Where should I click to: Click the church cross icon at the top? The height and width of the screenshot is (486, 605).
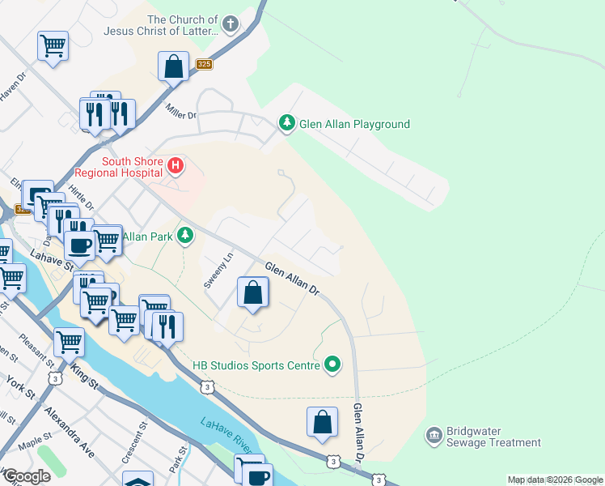click(231, 24)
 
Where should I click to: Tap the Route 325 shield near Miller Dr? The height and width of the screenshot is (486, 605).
click(204, 64)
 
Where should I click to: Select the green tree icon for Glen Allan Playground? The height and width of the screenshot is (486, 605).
click(286, 124)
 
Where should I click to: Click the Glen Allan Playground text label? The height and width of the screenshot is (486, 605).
click(354, 125)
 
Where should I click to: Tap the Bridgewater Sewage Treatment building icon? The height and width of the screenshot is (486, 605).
click(434, 437)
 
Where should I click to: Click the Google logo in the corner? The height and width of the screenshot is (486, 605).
click(27, 476)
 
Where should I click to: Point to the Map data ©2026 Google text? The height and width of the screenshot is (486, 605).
click(555, 480)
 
